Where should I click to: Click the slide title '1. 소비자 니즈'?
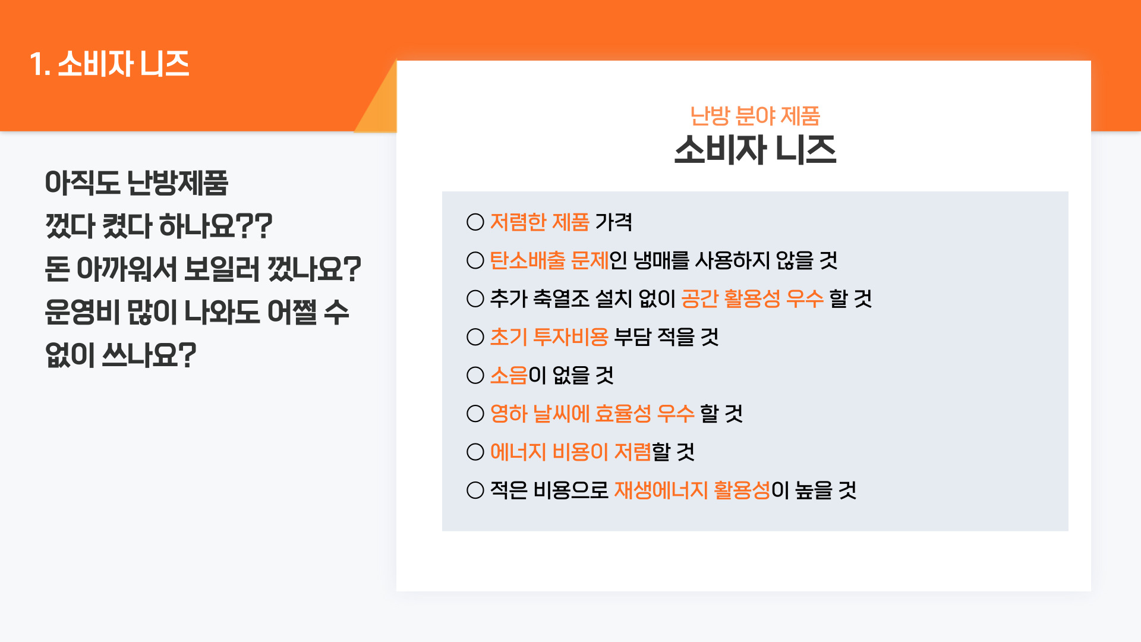tap(109, 64)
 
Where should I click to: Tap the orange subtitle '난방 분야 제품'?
tap(755, 116)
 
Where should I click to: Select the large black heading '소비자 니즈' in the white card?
tap(755, 149)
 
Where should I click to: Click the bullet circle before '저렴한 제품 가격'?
tap(475, 222)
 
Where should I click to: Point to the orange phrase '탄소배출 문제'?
tap(550, 260)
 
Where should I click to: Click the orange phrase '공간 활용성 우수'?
tap(752, 298)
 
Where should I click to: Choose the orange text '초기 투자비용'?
tap(549, 337)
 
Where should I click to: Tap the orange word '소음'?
tap(509, 375)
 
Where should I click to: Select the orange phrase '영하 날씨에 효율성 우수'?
tap(592, 414)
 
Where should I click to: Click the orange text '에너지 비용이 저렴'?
tap(570, 452)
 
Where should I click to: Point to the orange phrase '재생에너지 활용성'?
tap(692, 490)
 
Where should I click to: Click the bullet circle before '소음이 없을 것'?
tap(475, 375)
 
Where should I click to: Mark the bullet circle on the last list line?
tap(475, 490)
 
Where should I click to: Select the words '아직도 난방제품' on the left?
tap(137, 182)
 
